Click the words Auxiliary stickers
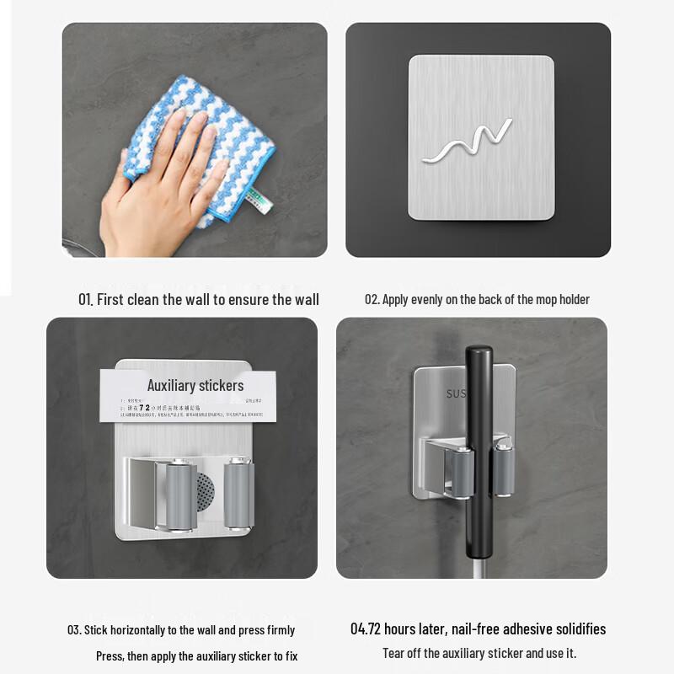(195, 386)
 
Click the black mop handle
(479, 438)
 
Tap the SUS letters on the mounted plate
(456, 393)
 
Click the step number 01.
(85, 299)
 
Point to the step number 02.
(372, 299)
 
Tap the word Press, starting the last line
(110, 655)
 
